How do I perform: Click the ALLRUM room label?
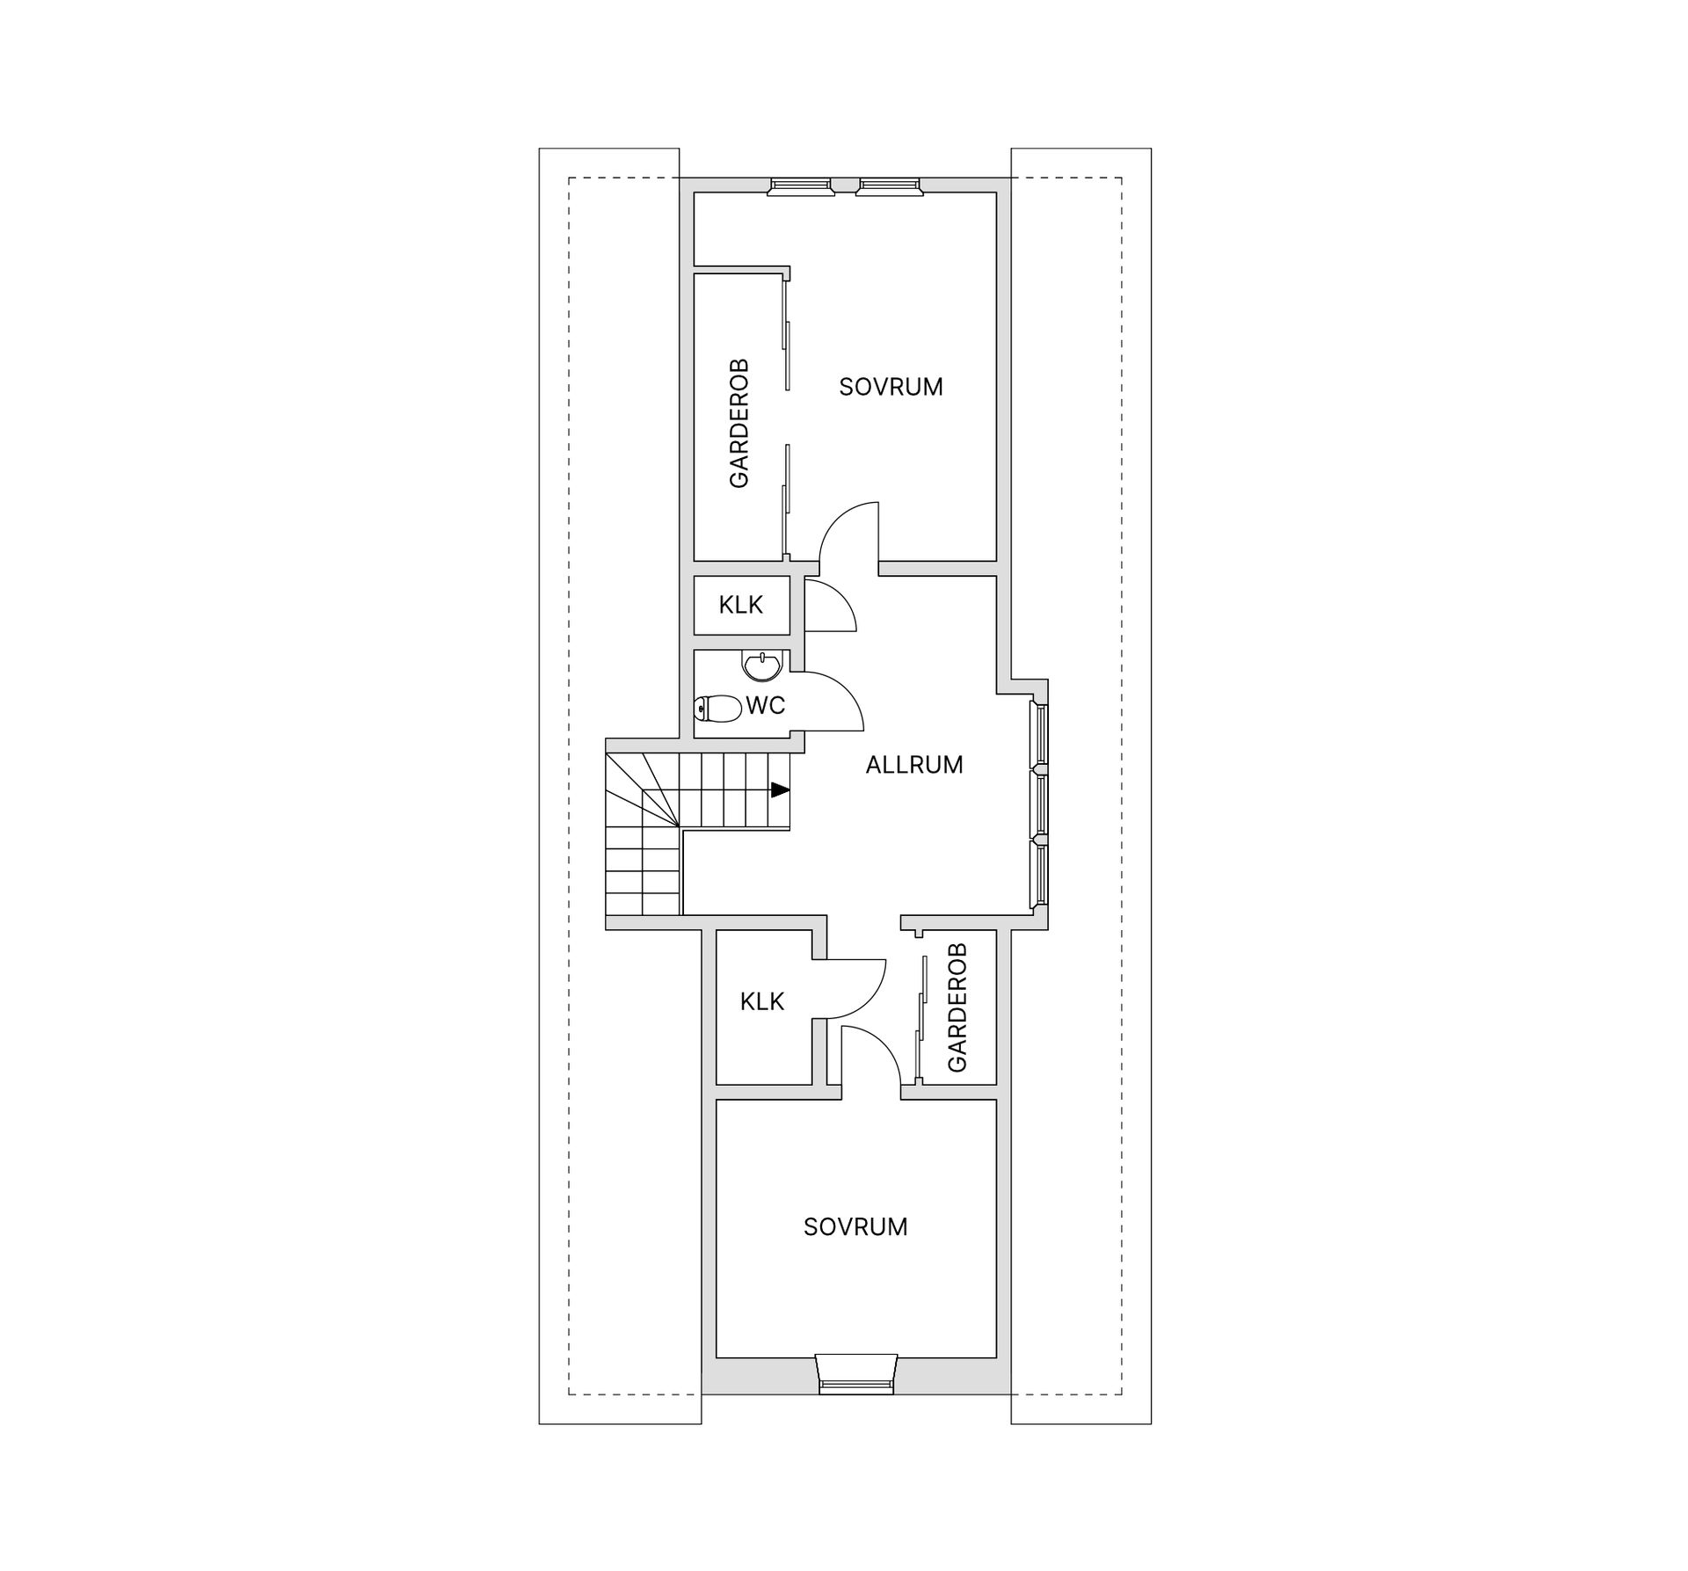914,765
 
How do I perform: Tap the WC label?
766,705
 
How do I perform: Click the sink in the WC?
761,666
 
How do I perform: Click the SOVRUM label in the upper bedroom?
891,387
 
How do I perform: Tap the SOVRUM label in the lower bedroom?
855,1227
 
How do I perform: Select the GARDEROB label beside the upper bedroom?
739,423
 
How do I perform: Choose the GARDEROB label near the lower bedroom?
957,1007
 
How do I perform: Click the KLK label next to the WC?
741,605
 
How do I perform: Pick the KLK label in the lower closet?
762,1001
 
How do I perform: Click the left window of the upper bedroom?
800,186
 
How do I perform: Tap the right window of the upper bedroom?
889,186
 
